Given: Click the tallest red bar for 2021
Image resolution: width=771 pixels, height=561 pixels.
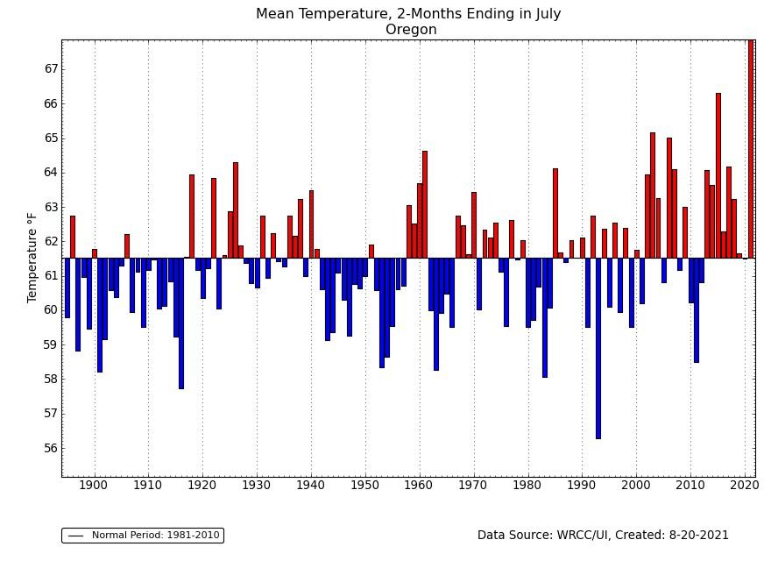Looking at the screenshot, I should click(x=750, y=149).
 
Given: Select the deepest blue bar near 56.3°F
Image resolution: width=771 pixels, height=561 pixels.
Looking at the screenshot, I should click(x=598, y=348).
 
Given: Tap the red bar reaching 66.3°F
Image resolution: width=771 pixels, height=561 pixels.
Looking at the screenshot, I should click(x=718, y=175).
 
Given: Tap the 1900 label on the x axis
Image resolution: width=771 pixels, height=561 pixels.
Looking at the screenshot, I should click(x=94, y=485).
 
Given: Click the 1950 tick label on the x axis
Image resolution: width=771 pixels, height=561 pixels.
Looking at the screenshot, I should click(x=365, y=485).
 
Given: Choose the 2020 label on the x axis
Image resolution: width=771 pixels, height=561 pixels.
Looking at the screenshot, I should click(x=745, y=485).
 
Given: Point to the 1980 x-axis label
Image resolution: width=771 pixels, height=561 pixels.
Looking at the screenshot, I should click(x=527, y=485).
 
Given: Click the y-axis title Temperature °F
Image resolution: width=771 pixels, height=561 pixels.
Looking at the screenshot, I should click(x=33, y=258).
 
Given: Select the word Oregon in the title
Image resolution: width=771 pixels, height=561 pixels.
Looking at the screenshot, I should click(x=411, y=30).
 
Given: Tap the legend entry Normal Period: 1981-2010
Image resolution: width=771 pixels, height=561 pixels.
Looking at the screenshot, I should click(x=143, y=535).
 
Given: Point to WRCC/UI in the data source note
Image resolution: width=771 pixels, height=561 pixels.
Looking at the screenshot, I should click(x=586, y=535).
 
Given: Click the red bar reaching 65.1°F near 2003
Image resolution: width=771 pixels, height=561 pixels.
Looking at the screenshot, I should click(x=653, y=195).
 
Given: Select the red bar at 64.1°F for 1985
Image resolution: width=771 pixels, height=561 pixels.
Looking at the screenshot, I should click(x=555, y=213).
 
